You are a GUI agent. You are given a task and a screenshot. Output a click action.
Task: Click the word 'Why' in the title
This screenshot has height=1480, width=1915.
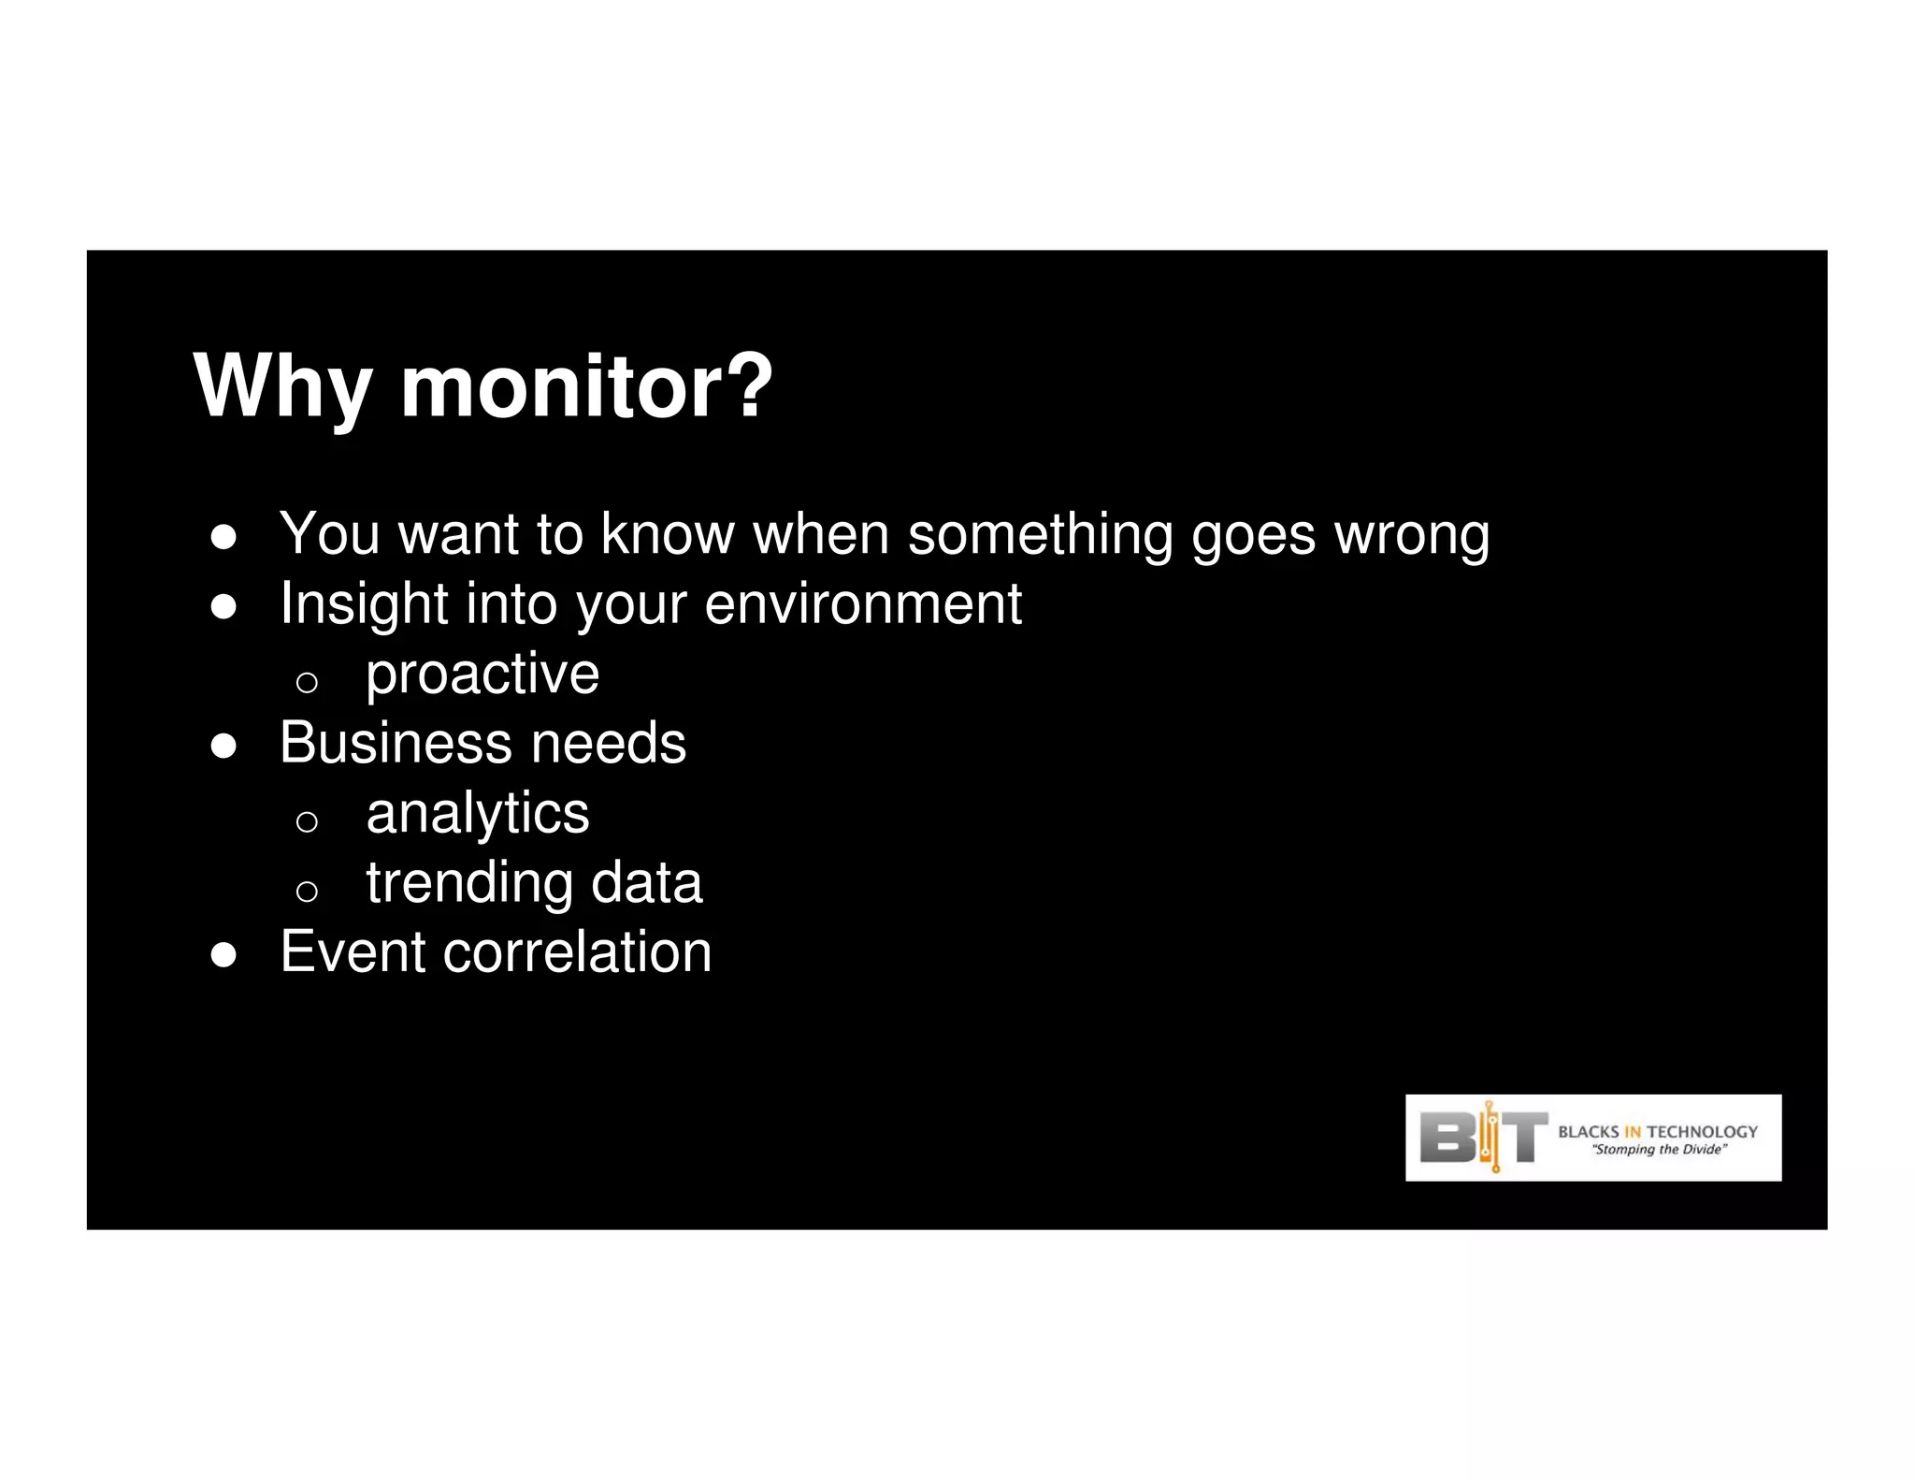click(x=282, y=387)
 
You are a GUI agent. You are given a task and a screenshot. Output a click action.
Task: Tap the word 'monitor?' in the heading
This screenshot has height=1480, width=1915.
click(x=586, y=385)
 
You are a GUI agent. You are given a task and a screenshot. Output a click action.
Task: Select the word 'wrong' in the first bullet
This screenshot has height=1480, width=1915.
click(x=1411, y=536)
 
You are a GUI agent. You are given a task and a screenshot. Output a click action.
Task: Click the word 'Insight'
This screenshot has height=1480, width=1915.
click(x=364, y=604)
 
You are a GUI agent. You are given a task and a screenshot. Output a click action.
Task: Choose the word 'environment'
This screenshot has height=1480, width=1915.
click(x=862, y=604)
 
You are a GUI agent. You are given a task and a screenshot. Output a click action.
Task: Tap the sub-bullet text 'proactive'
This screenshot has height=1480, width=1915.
click(x=482, y=675)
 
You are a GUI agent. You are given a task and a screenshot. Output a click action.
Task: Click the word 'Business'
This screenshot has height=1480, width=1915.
click(x=396, y=744)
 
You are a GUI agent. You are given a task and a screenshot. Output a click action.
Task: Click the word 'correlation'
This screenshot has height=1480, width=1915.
click(x=577, y=952)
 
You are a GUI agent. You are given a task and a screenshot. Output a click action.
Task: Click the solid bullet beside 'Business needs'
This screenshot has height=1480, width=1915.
click(x=223, y=747)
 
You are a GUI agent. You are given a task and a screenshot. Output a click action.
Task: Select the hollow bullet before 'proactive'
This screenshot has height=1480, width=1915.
click(x=307, y=682)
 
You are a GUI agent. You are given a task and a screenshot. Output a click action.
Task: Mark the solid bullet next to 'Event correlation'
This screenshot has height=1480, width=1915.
click(x=223, y=955)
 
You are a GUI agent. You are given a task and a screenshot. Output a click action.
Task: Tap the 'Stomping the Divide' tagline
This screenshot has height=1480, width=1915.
click(x=1659, y=1150)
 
